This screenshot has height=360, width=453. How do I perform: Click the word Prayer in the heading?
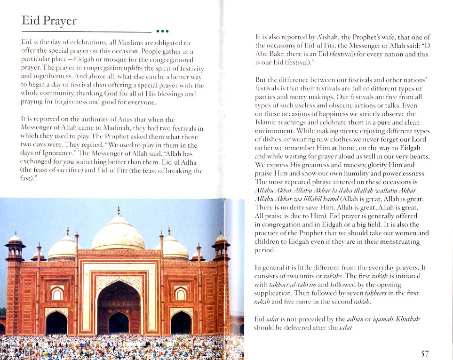coord(58,21)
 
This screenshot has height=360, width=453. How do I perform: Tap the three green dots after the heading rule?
coord(162,32)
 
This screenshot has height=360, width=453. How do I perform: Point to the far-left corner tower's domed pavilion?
coord(16,242)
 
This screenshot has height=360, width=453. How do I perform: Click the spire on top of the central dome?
coord(119,211)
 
